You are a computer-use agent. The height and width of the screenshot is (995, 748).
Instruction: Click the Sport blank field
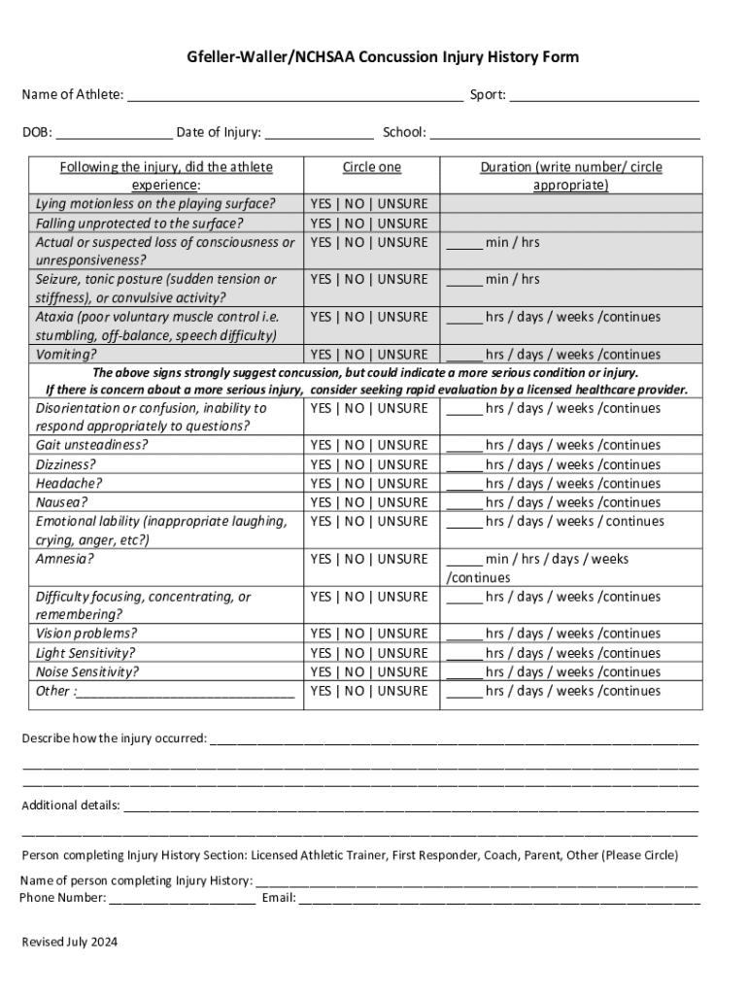(604, 96)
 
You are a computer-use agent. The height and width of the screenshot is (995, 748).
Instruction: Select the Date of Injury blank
(319, 134)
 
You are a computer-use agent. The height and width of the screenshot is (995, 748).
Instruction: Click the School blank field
(564, 134)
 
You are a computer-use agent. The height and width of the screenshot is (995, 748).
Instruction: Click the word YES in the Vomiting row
(322, 355)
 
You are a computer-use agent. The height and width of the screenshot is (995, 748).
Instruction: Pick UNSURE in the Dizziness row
(402, 464)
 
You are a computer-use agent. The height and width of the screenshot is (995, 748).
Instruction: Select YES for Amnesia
(322, 559)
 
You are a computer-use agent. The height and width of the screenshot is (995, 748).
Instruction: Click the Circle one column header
(371, 167)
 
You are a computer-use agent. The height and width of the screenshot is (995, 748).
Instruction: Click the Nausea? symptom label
(61, 502)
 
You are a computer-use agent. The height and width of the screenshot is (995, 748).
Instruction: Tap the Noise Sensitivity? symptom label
(87, 671)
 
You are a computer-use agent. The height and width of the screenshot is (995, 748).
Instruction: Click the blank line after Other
(185, 692)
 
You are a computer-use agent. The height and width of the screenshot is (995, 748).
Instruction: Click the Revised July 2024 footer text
(69, 942)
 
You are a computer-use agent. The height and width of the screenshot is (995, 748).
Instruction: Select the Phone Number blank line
(183, 899)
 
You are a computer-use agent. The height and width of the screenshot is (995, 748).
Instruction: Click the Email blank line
(498, 899)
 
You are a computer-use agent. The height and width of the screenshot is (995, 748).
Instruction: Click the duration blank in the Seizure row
(463, 281)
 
